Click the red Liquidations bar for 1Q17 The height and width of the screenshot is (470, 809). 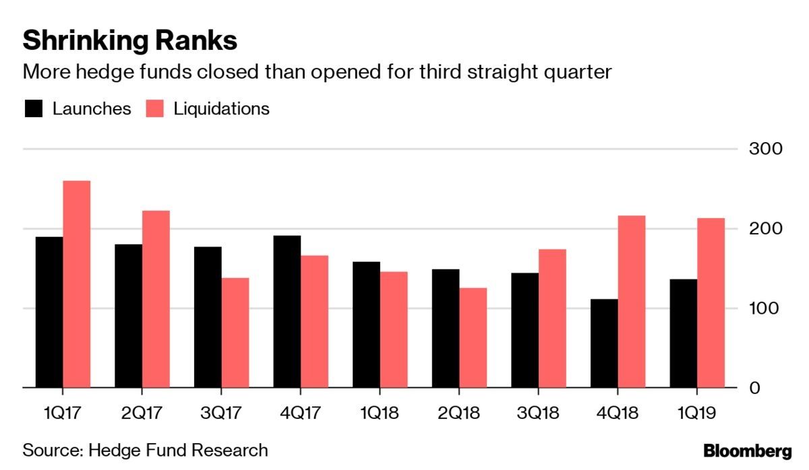(76, 284)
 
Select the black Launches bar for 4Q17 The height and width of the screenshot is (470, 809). (287, 312)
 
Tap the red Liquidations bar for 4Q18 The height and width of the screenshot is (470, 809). (631, 302)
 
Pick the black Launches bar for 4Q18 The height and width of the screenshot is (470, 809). (603, 343)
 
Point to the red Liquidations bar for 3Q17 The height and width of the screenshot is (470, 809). (235, 333)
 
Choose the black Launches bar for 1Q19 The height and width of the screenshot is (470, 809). (684, 333)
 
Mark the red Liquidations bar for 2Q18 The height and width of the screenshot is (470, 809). (473, 338)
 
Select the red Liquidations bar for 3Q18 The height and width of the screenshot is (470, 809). (552, 318)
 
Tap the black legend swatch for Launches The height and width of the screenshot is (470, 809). (34, 109)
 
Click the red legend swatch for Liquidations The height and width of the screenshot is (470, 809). (155, 109)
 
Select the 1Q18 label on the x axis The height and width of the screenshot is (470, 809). (380, 412)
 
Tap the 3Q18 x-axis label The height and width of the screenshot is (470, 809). (539, 412)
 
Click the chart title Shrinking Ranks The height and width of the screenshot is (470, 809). (129, 41)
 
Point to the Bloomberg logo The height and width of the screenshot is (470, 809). (748, 450)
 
